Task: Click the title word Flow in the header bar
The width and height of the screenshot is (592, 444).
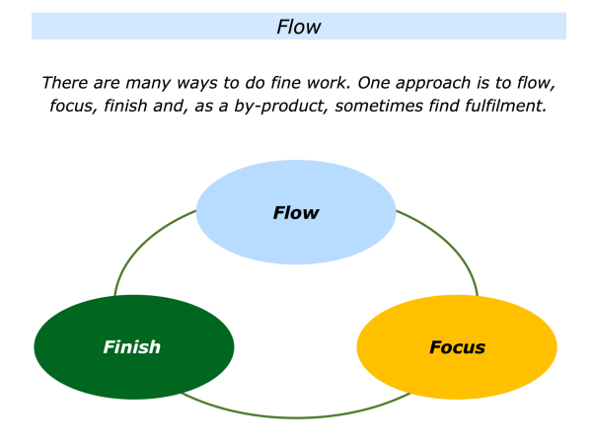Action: (x=298, y=27)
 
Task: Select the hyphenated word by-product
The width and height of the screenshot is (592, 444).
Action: (x=278, y=106)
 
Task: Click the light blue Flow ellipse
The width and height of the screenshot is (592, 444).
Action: (x=296, y=212)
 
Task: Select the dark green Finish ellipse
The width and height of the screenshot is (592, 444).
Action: (x=133, y=346)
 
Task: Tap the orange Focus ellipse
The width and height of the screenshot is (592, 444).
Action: (x=457, y=346)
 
